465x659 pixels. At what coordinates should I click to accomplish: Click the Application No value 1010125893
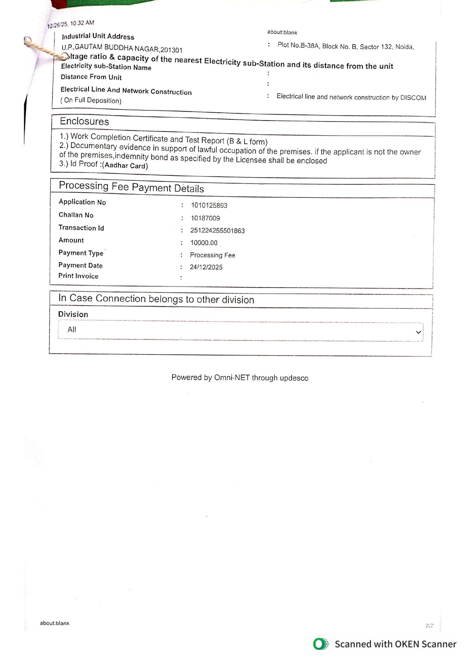pos(209,206)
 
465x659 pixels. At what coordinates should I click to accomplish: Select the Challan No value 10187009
pos(205,218)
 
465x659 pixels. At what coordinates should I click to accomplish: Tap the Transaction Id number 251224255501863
pos(217,231)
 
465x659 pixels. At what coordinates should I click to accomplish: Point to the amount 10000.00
pos(204,243)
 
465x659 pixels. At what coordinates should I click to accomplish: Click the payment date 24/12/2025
pos(206,267)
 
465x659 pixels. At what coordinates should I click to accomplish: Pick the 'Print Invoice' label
pos(78,276)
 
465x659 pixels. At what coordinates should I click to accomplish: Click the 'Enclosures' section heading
pos(84,121)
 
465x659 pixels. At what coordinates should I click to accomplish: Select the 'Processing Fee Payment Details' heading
pos(131,187)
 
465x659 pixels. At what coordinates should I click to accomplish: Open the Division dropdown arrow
pos(419,332)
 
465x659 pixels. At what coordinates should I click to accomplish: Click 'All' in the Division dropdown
pos(72,329)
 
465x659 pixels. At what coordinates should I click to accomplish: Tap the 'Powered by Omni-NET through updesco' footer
pos(240,378)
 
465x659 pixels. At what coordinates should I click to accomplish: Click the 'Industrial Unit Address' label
pos(98,36)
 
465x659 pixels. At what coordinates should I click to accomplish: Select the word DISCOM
pos(413,98)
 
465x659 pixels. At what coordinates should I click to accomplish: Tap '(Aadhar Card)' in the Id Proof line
pos(125,166)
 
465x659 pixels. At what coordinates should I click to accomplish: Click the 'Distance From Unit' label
pos(91,77)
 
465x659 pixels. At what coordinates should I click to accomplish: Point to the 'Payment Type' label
pos(81,253)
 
